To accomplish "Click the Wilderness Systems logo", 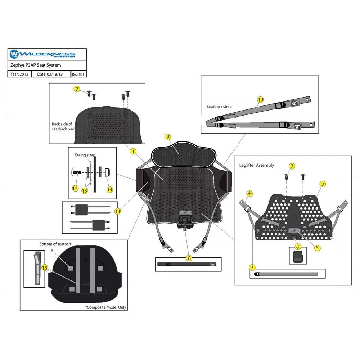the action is point(42,54).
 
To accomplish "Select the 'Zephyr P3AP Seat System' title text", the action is point(36,65).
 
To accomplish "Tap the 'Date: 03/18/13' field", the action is point(50,74).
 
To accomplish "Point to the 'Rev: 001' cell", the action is point(78,75).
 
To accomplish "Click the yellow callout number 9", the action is point(168,137).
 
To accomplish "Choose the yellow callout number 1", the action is point(133,151).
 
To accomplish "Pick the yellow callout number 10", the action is point(260,100).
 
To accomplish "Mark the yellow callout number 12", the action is point(75,189).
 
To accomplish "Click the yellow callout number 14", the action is point(109,189).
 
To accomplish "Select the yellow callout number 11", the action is point(117,211).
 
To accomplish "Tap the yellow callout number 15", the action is point(45,268).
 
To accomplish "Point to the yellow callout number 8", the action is point(189,258).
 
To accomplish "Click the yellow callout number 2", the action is point(323,184).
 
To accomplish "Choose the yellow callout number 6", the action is point(298,247).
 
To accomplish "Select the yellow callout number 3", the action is point(252,267).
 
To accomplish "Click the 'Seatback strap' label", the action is point(219,107).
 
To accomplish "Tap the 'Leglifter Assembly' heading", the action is point(256,165).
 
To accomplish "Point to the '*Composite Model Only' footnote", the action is point(105,307).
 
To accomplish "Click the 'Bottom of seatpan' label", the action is point(55,244).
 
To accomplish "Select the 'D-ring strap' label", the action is point(85,155).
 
